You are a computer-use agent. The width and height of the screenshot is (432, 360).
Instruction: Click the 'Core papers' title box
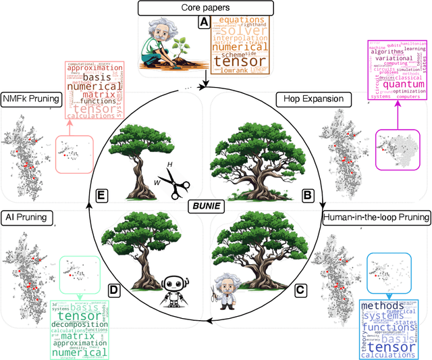click(205, 9)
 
